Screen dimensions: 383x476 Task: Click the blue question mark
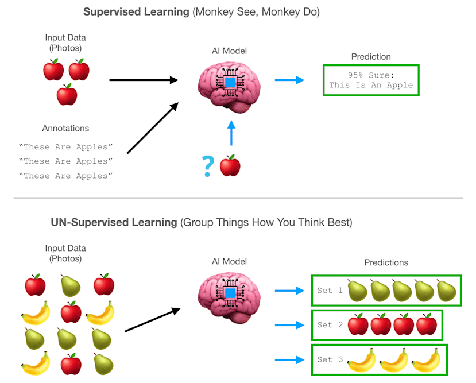(207, 166)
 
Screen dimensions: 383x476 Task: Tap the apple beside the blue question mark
(230, 165)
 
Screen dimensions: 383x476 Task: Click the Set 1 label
(330, 291)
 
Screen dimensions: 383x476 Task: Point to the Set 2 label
(330, 325)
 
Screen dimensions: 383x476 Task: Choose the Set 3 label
(330, 360)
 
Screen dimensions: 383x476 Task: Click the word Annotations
(65, 129)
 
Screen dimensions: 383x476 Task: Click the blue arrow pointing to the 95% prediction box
(289, 80)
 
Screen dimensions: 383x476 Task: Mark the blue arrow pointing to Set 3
(289, 360)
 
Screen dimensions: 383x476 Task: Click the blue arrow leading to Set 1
(289, 291)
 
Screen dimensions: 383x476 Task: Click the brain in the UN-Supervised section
(229, 295)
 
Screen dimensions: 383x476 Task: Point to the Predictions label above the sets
(386, 262)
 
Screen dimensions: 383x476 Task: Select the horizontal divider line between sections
(238, 198)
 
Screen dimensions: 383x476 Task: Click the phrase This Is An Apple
(371, 86)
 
